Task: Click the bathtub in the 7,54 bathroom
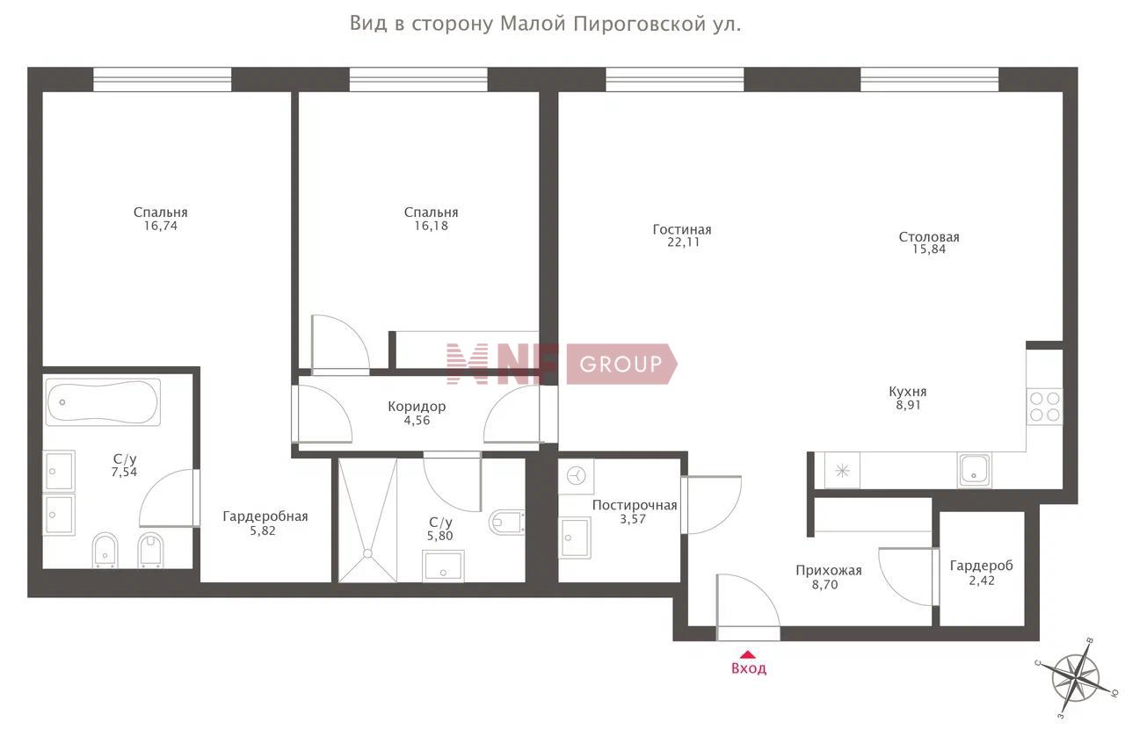coord(103,402)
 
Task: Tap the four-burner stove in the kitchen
coord(1044,407)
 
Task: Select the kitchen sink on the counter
coord(975,470)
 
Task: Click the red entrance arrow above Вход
coord(748,654)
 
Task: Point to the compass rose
coord(1076,678)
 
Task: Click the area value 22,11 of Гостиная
coord(683,242)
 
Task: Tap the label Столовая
coord(929,237)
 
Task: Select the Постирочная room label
coord(635,505)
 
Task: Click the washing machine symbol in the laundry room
coord(577,475)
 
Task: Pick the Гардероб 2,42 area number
coord(982,581)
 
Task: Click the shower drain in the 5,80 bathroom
coord(367,553)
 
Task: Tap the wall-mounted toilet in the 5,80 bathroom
coord(507,522)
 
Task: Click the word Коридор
coord(417,406)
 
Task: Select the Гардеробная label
coord(265,516)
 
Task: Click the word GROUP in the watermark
coord(621,364)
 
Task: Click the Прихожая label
coord(829,571)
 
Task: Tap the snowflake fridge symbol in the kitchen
coord(842,471)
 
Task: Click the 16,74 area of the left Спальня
coord(161,226)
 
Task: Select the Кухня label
coord(908,392)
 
